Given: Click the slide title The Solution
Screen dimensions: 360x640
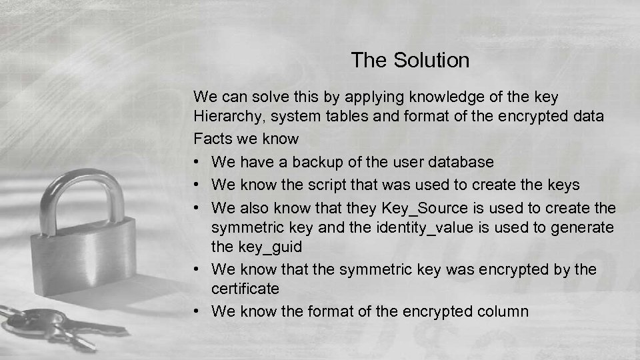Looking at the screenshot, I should [x=410, y=61].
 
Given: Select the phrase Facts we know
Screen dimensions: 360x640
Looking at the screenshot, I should [x=246, y=139].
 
